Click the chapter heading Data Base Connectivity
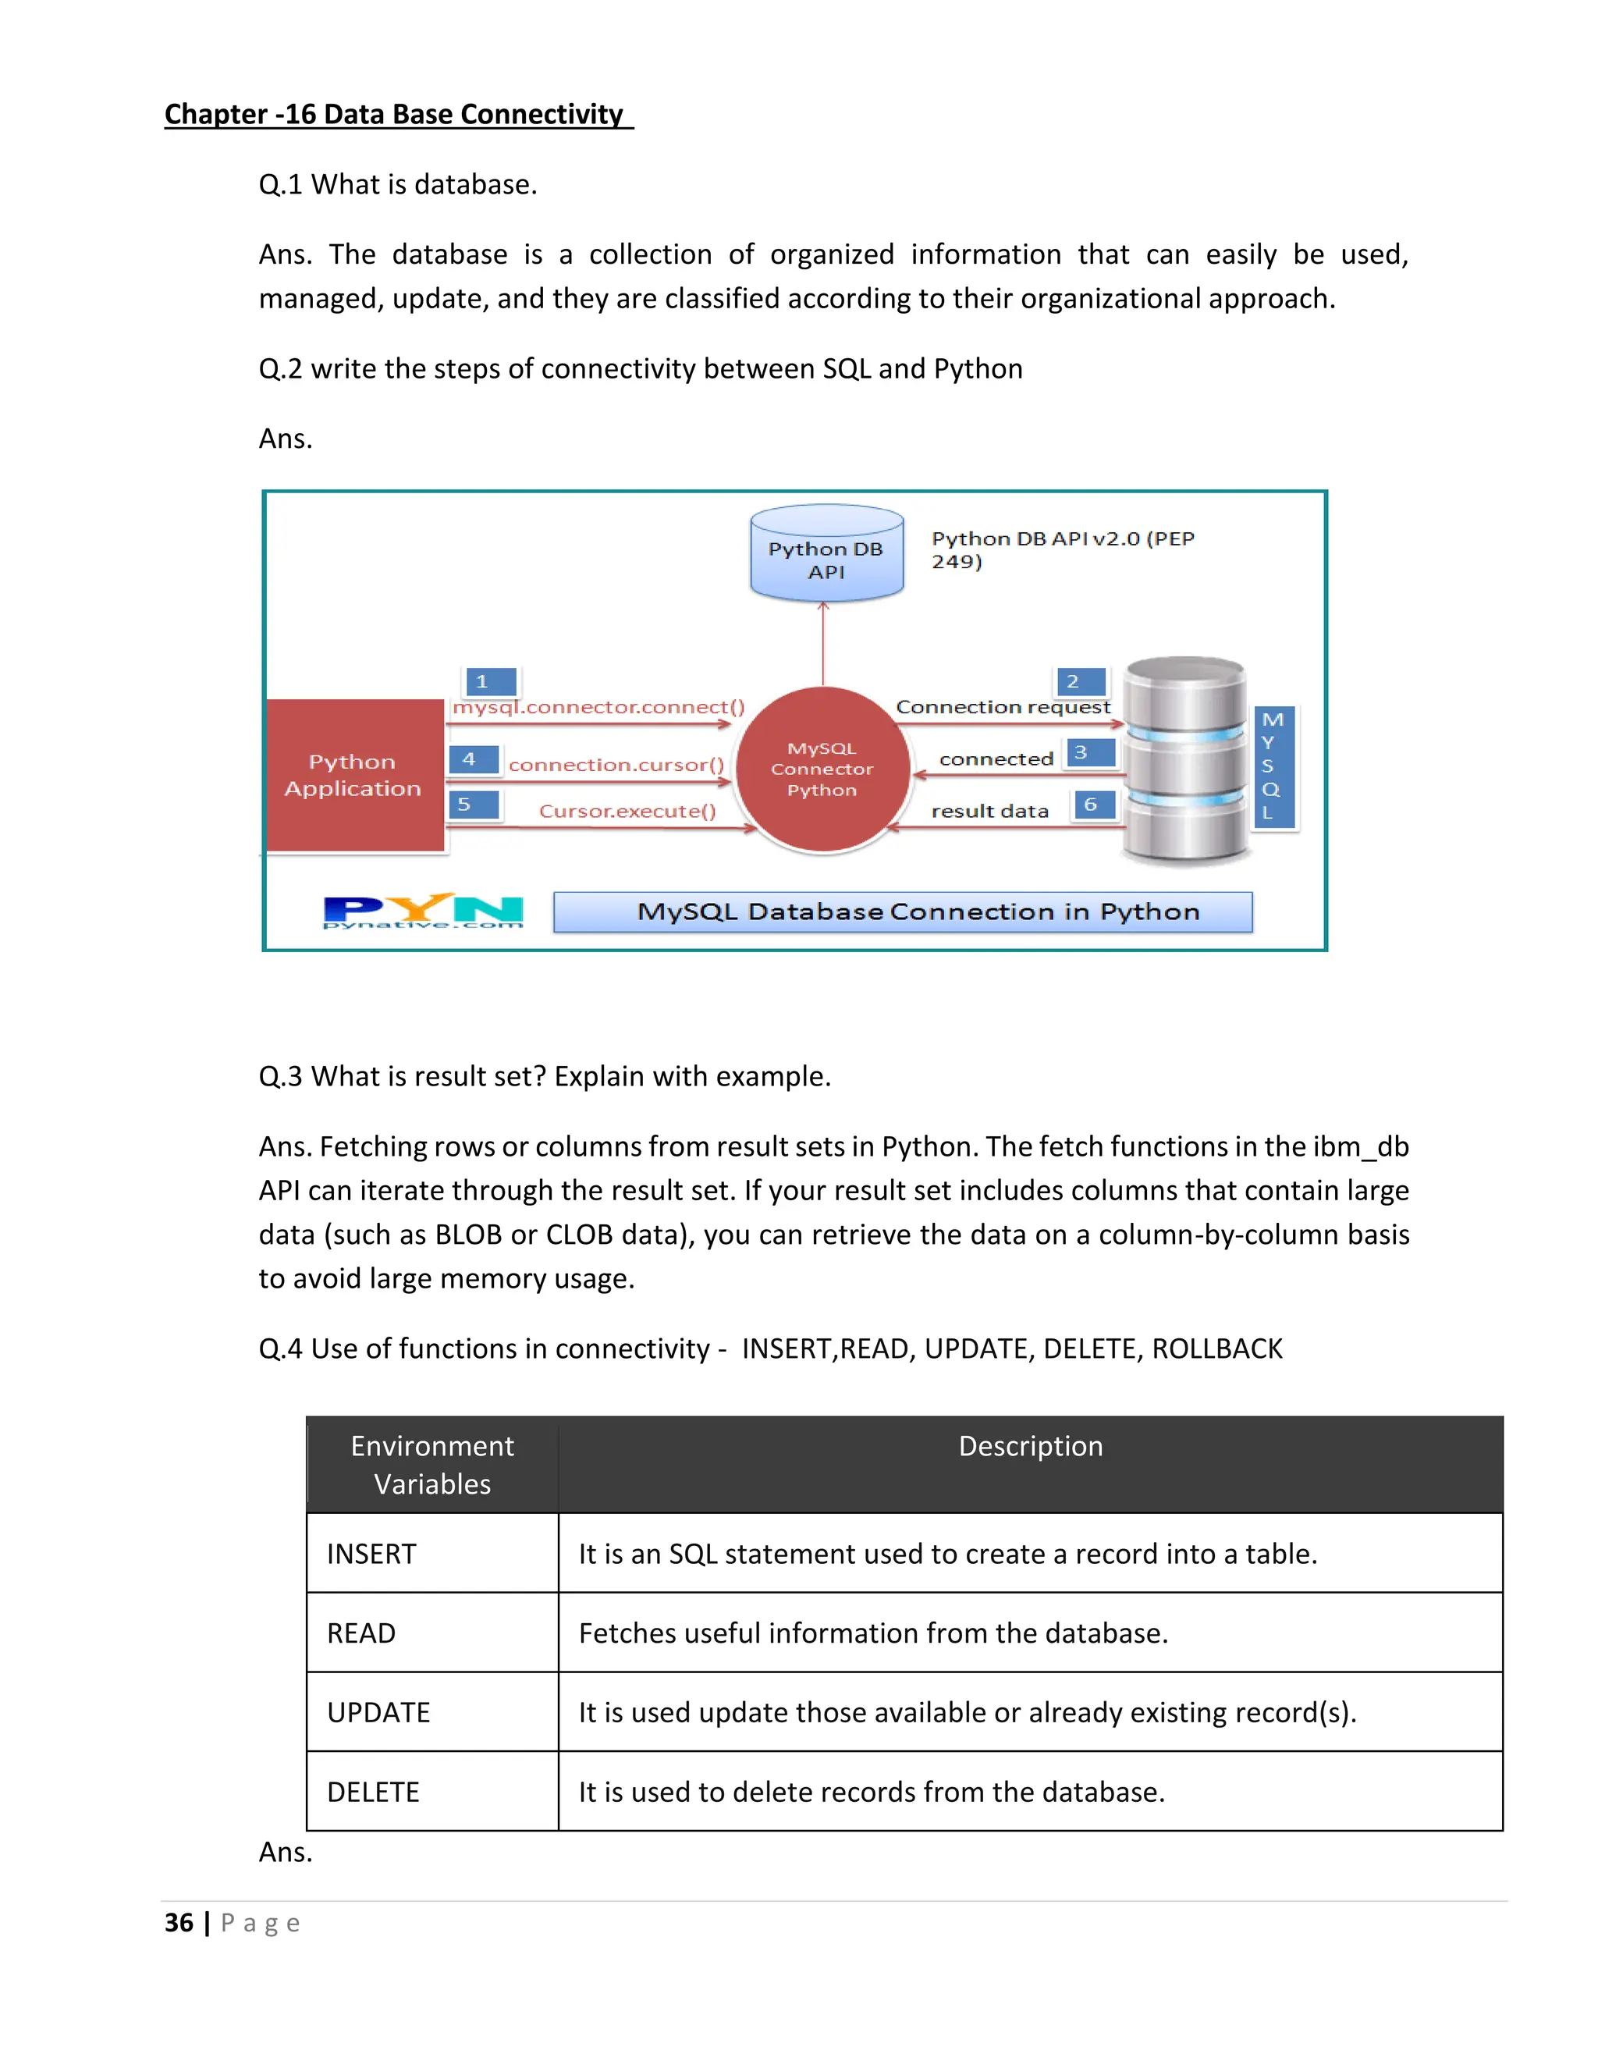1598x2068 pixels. point(398,115)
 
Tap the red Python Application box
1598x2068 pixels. point(353,775)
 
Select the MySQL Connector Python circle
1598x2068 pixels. point(822,769)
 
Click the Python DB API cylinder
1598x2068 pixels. point(826,555)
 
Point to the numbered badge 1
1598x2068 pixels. point(489,680)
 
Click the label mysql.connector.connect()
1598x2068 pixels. point(598,707)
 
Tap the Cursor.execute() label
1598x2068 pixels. point(627,812)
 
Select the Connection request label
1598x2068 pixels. point(1003,707)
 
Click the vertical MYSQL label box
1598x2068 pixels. point(1273,766)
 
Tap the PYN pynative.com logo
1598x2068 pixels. point(422,911)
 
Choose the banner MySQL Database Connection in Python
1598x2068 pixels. point(902,911)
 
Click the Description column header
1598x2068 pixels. point(1030,1446)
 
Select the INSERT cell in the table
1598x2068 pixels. point(372,1554)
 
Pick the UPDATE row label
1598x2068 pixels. point(378,1713)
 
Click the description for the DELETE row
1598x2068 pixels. point(871,1793)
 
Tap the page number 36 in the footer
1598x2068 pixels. point(178,1923)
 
